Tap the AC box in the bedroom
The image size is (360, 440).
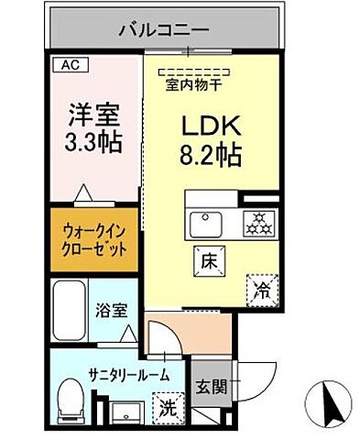pyautogui.click(x=70, y=64)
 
